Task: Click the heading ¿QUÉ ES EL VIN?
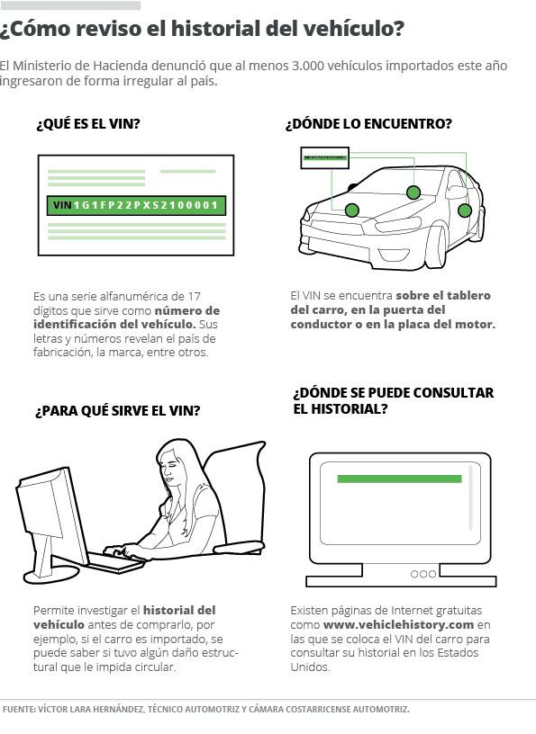click(88, 124)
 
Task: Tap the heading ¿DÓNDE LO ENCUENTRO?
click(368, 124)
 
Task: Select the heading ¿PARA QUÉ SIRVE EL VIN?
click(118, 411)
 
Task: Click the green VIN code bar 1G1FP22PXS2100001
click(136, 205)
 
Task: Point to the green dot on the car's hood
click(351, 210)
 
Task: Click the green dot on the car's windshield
click(413, 192)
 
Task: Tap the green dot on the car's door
click(464, 210)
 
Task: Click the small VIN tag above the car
click(324, 157)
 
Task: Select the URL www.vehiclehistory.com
click(398, 624)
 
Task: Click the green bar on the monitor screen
click(400, 479)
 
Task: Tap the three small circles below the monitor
click(423, 574)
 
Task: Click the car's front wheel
click(435, 247)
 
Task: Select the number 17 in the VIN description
click(195, 296)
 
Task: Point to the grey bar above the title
click(70, 5)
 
